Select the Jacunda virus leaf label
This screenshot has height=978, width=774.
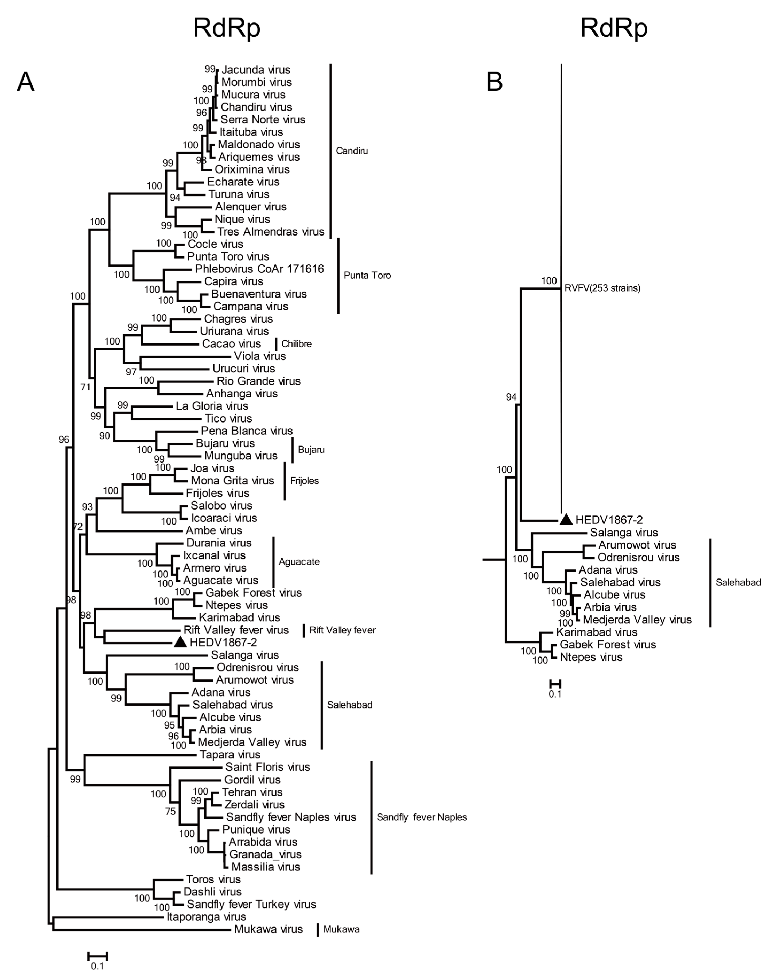point(256,70)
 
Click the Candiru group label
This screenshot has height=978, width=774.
point(352,151)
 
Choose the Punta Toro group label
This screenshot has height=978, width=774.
point(367,275)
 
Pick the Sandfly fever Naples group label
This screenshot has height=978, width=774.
point(421,817)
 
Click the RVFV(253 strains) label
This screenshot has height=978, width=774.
point(602,288)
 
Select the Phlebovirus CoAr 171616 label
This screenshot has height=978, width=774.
point(259,269)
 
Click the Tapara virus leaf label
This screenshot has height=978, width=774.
point(230,755)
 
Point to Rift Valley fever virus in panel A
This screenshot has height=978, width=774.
point(236,630)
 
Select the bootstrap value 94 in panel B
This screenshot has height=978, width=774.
point(511,397)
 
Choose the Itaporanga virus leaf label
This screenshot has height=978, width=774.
point(206,917)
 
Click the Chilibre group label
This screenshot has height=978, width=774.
point(296,344)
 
